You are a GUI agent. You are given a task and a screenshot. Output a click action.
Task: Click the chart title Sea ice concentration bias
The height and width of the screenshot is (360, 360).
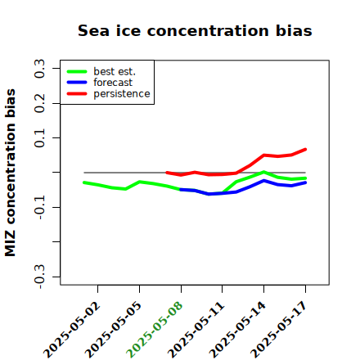[195, 30]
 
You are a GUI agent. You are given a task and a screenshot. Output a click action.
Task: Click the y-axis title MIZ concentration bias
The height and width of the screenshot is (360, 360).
[11, 173]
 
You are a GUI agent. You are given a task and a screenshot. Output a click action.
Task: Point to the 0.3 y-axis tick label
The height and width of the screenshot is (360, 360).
[39, 69]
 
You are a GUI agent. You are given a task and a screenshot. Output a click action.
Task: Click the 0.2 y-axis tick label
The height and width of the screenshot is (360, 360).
[39, 103]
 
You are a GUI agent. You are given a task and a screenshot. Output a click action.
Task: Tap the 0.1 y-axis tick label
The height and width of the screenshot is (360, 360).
[39, 138]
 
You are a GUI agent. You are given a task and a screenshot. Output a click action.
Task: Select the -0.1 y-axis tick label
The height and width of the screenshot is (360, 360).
[39, 208]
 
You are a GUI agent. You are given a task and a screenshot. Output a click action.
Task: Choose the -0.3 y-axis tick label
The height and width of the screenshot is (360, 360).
[39, 277]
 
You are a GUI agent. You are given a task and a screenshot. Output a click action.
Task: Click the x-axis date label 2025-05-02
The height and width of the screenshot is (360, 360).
[72, 330]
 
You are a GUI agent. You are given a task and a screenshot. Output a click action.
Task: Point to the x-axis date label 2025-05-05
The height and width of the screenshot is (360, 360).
[114, 330]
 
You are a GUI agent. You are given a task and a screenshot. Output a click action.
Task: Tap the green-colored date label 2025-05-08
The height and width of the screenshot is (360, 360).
[155, 330]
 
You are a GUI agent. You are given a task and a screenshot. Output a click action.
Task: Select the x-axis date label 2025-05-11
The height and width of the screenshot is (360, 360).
[196, 330]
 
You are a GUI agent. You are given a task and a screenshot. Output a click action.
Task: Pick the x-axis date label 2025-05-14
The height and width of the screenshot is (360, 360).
[237, 330]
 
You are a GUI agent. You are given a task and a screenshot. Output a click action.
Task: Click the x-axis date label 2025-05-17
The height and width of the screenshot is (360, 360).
[279, 330]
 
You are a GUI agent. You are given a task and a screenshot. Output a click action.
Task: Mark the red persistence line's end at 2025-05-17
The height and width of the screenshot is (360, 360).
[305, 150]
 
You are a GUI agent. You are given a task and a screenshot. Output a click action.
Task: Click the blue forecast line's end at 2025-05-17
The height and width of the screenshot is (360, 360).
[305, 182]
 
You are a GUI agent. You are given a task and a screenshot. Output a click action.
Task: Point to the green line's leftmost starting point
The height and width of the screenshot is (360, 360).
[84, 182]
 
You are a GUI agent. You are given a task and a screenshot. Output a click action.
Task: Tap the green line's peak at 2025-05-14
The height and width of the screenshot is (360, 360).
[263, 172]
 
